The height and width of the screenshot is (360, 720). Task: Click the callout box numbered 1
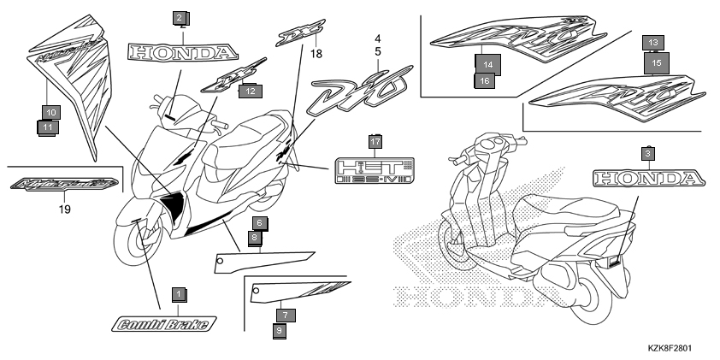click(x=178, y=294)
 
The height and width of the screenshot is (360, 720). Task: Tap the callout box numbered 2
click(x=179, y=18)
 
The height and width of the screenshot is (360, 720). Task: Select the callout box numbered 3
click(x=647, y=153)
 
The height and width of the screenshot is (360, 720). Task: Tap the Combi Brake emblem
click(x=164, y=323)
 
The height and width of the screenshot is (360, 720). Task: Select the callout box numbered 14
click(x=487, y=64)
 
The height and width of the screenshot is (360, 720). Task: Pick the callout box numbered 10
click(x=49, y=112)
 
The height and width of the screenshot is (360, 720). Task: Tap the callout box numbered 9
click(x=280, y=330)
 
